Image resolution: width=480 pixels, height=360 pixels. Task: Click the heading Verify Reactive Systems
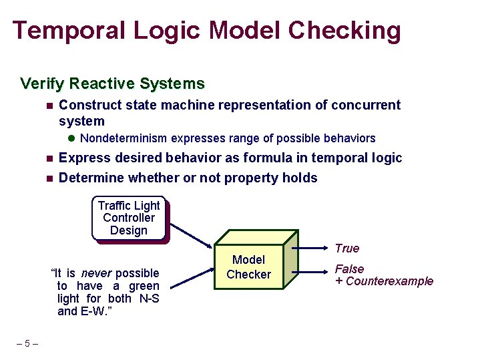pos(112,84)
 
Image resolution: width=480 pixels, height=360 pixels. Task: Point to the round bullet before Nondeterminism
pos(71,139)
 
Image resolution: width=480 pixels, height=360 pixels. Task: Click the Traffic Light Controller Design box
pos(128,218)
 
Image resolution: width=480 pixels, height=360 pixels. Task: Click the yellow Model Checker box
pos(248,267)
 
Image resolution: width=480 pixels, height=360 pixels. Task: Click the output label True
pos(346,248)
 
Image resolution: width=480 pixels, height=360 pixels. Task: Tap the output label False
pos(349,269)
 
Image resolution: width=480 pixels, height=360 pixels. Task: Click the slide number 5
pos(27,344)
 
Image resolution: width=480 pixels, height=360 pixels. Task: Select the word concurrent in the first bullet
pos(367,106)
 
